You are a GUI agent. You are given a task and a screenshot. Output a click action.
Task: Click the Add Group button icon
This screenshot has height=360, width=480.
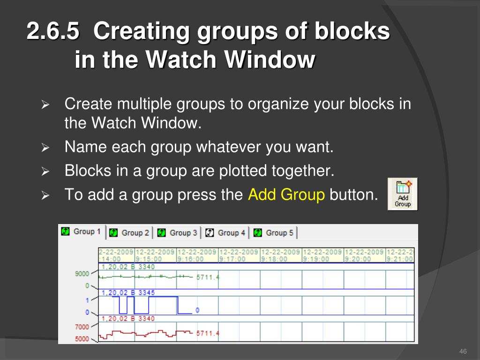click(x=403, y=194)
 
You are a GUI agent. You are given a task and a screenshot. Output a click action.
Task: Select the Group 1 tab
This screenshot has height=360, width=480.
click(x=82, y=232)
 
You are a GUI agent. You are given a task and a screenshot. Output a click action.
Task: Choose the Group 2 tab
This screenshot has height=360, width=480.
click(x=129, y=232)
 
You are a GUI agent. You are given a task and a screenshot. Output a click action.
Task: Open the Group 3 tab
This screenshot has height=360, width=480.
click(x=177, y=232)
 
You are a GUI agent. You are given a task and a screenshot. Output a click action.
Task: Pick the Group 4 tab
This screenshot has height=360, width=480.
click(x=225, y=232)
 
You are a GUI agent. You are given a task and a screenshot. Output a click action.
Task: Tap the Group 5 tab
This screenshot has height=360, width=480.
click(x=273, y=232)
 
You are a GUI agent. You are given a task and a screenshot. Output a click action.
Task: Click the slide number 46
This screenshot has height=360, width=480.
click(x=463, y=351)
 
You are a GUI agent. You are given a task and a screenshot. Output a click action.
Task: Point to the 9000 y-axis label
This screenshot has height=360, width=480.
click(x=82, y=273)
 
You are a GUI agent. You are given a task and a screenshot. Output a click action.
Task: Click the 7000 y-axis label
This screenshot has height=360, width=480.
click(x=82, y=327)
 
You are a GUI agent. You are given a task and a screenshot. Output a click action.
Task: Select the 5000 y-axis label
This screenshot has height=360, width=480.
click(x=82, y=339)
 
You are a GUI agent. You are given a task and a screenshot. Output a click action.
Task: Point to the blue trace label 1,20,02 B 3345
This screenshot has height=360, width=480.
click(x=128, y=292)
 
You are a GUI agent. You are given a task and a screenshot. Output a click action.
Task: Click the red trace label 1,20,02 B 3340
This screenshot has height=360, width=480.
click(x=128, y=319)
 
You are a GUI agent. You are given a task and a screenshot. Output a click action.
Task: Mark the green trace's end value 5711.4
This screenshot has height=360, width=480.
click(x=208, y=277)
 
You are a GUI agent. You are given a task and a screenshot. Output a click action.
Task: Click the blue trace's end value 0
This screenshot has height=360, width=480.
click(x=197, y=310)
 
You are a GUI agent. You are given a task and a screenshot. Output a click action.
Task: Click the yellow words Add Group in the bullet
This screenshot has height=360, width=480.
click(x=286, y=195)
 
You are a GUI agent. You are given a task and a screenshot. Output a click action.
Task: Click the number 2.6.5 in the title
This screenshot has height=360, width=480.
click(x=53, y=31)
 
